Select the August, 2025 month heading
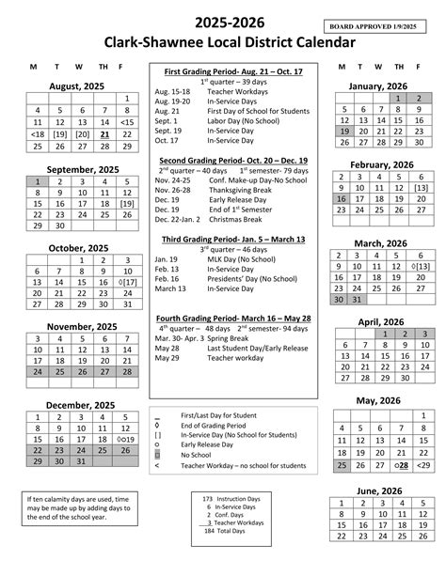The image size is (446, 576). [x=77, y=86]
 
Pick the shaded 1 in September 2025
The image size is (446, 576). [x=36, y=181]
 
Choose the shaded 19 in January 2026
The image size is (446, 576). [x=342, y=132]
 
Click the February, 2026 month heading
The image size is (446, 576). [x=382, y=165]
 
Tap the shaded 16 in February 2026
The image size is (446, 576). [x=342, y=199]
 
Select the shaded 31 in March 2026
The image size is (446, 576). [x=358, y=299]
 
